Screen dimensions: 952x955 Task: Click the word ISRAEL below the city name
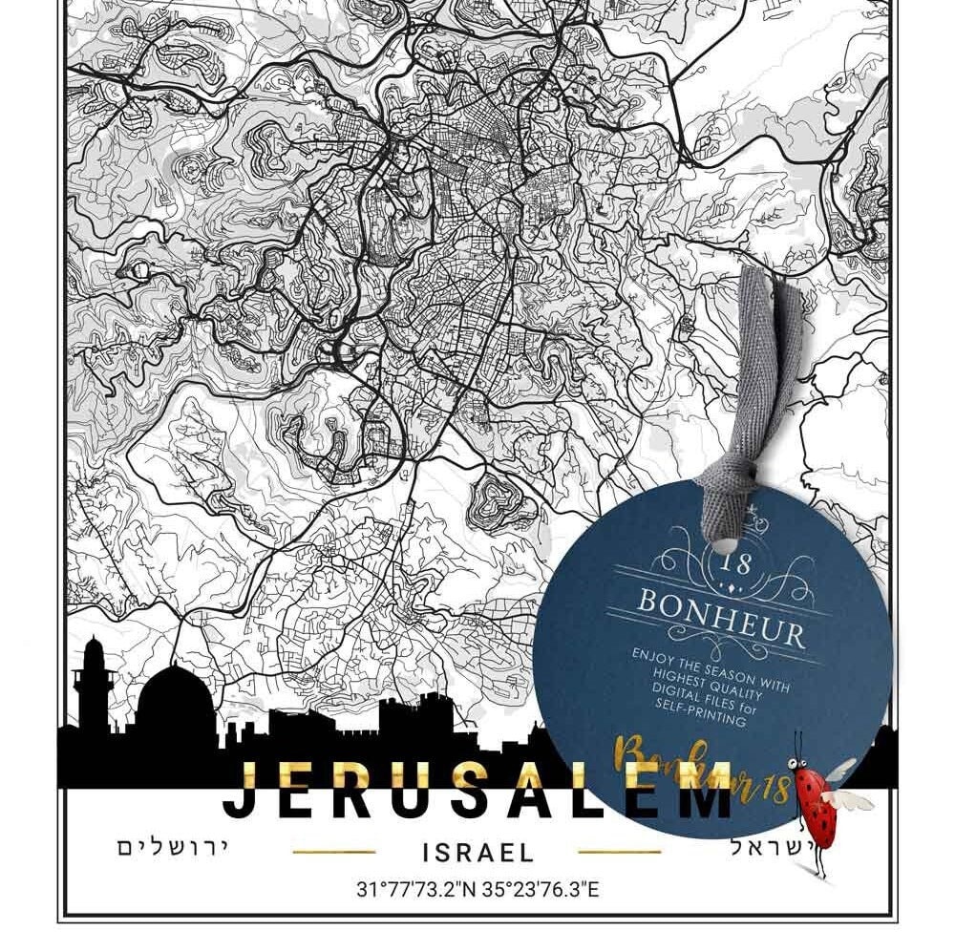coord(477,852)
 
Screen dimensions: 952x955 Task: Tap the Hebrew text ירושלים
coord(173,848)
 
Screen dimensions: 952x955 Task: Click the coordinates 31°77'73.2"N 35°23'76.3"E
coord(477,891)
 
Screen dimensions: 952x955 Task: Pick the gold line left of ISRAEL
coord(333,852)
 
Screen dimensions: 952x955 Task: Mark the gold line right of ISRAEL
coord(620,852)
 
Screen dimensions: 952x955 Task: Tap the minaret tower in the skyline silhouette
coord(94,678)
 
